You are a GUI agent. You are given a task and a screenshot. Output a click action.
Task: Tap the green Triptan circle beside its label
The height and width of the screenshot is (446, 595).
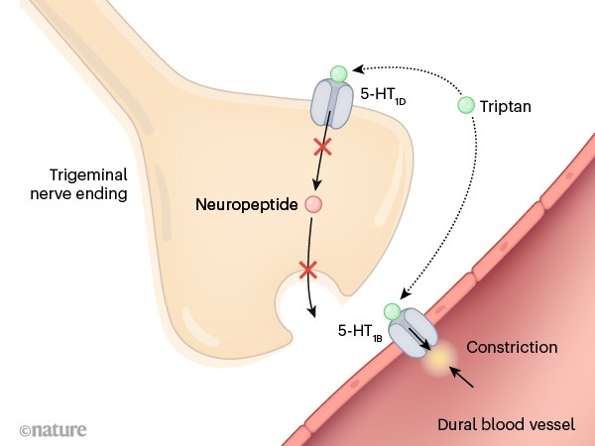[x=466, y=104]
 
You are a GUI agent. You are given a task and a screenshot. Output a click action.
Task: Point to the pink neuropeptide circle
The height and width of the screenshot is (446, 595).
[x=314, y=205]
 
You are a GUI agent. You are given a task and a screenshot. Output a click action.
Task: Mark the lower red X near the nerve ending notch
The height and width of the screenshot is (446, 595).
[x=308, y=269]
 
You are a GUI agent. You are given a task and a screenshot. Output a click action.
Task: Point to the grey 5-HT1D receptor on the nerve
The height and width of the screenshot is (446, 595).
[x=333, y=104]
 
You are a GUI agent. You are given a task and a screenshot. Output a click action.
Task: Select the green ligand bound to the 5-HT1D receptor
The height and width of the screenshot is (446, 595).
[x=339, y=73]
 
